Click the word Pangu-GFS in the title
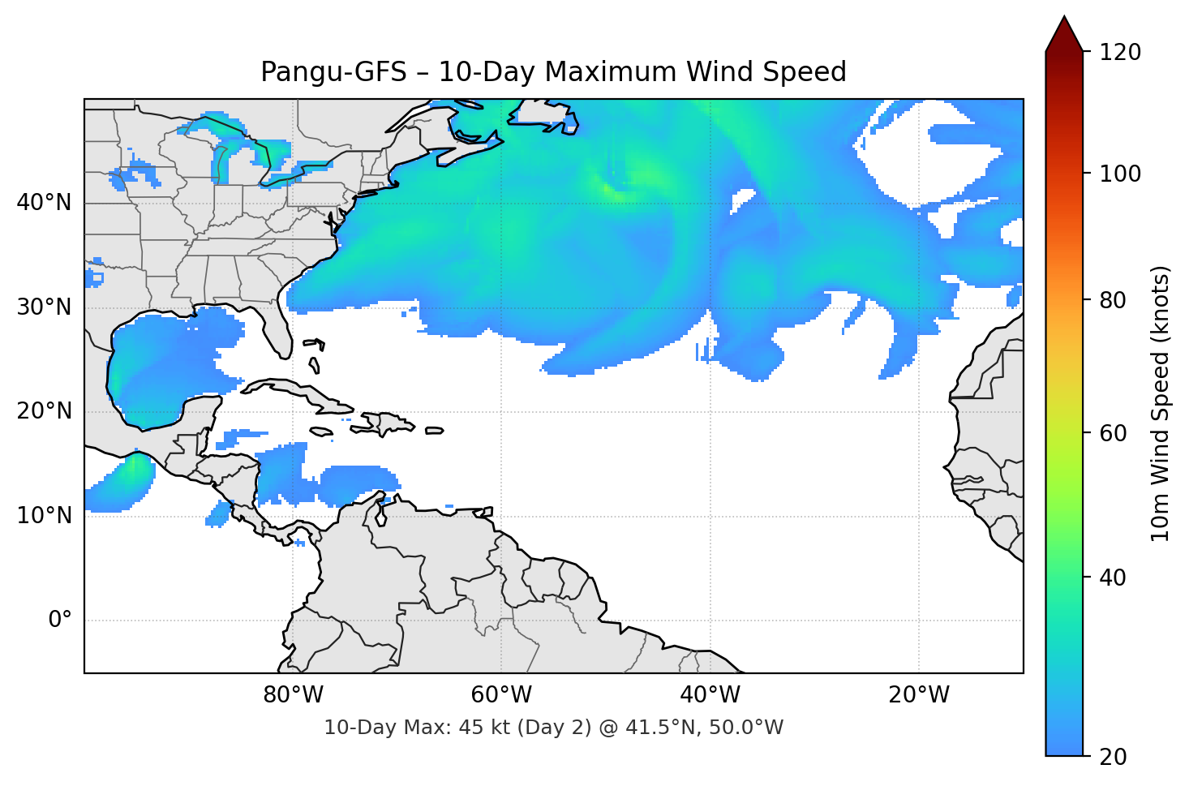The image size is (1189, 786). pyautogui.click(x=333, y=72)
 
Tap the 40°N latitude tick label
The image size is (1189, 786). pyautogui.click(x=44, y=203)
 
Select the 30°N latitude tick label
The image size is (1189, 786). pyautogui.click(x=44, y=307)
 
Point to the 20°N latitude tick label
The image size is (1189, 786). pyautogui.click(x=44, y=411)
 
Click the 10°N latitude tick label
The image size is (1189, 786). pyautogui.click(x=44, y=516)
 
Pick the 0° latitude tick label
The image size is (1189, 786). pyautogui.click(x=59, y=621)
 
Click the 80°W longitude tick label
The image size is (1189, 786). pyautogui.click(x=293, y=695)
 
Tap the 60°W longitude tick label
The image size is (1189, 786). pyautogui.click(x=501, y=695)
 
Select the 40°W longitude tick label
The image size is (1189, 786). pyautogui.click(x=710, y=695)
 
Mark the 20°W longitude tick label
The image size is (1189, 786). pyautogui.click(x=918, y=695)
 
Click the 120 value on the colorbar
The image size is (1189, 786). pyautogui.click(x=1120, y=53)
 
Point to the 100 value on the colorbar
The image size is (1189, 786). pyautogui.click(x=1120, y=174)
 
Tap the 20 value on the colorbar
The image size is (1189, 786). pyautogui.click(x=1113, y=756)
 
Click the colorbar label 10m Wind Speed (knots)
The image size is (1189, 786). pyautogui.click(x=1161, y=403)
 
